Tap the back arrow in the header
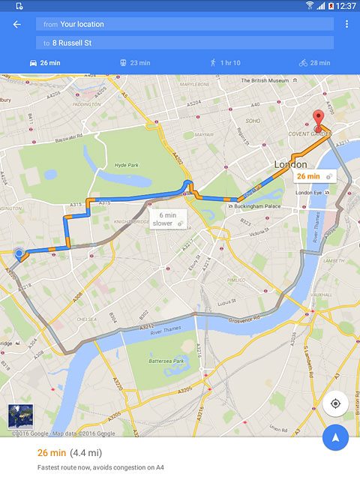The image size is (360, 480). [16, 24]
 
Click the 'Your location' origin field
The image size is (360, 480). [184, 24]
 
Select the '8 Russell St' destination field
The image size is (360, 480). [184, 43]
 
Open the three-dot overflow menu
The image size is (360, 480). [346, 24]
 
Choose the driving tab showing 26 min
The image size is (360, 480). [45, 63]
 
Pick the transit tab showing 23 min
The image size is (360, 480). [135, 63]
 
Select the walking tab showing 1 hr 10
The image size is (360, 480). [225, 63]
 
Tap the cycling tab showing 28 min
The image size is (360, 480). [314, 63]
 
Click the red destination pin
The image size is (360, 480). [319, 120]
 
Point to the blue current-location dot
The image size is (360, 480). [19, 253]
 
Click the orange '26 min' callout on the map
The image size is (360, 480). [314, 176]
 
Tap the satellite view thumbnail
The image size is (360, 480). [20, 416]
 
